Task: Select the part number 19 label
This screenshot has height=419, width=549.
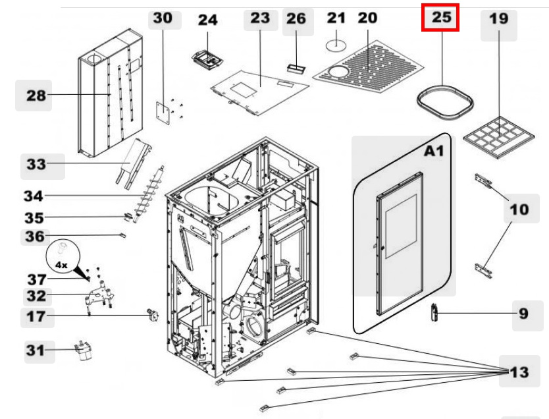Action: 498,19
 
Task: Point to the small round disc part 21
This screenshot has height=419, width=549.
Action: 336,45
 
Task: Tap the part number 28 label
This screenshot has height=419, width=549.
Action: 36,96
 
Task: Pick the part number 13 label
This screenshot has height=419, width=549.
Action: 519,372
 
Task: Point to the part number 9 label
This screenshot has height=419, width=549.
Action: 523,313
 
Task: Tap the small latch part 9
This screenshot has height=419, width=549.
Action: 434,313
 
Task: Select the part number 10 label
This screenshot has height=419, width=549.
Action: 519,209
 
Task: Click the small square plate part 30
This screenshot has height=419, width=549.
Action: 163,110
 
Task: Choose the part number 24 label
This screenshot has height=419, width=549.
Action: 207,20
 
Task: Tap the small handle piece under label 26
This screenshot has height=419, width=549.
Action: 296,67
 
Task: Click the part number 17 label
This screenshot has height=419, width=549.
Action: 36,316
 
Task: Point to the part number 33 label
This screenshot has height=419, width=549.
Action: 36,163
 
